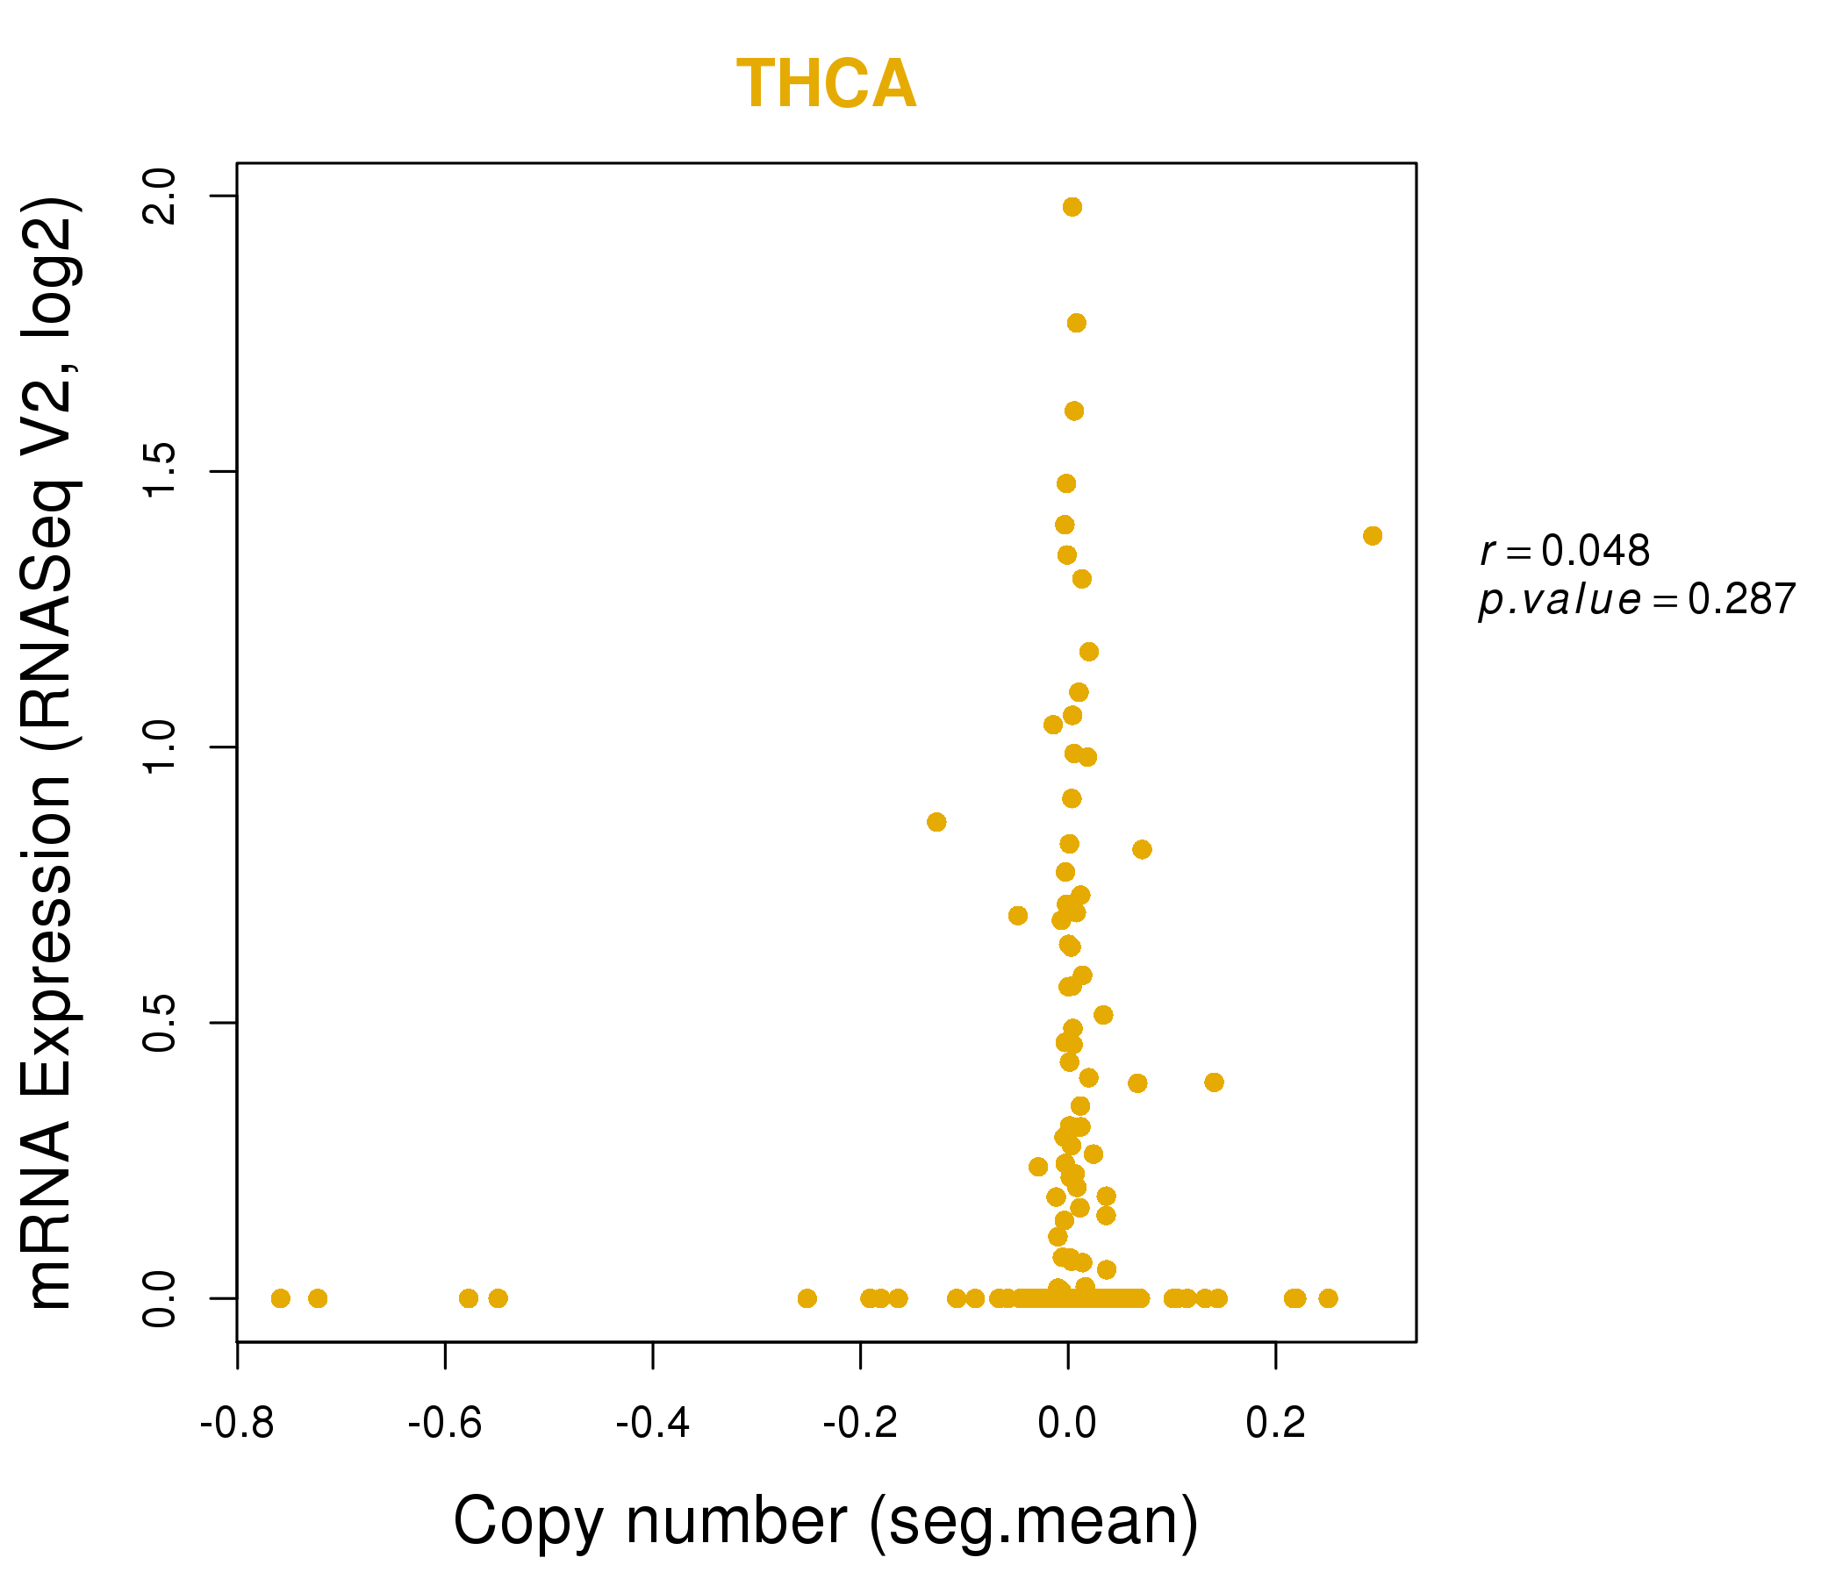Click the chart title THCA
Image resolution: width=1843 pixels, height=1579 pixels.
click(826, 84)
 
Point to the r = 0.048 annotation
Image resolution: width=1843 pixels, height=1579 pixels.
click(1565, 551)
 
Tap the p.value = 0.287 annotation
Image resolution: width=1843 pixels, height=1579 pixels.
click(1637, 600)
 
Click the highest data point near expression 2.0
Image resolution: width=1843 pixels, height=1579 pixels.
click(1072, 207)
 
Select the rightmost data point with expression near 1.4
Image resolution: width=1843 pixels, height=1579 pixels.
click(1373, 536)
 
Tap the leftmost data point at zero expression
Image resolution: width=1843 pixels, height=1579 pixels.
click(280, 1298)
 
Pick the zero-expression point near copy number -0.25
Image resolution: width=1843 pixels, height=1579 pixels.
click(807, 1298)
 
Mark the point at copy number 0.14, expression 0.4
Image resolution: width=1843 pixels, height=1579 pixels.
click(1214, 1082)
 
